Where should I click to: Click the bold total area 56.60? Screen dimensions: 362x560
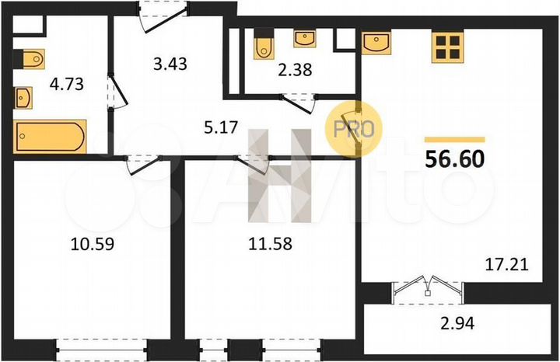(x=455, y=158)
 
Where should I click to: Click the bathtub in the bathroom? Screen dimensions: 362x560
(x=50, y=137)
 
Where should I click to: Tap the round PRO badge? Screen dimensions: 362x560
(x=354, y=129)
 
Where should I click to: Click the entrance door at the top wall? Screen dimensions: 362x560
(x=163, y=13)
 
